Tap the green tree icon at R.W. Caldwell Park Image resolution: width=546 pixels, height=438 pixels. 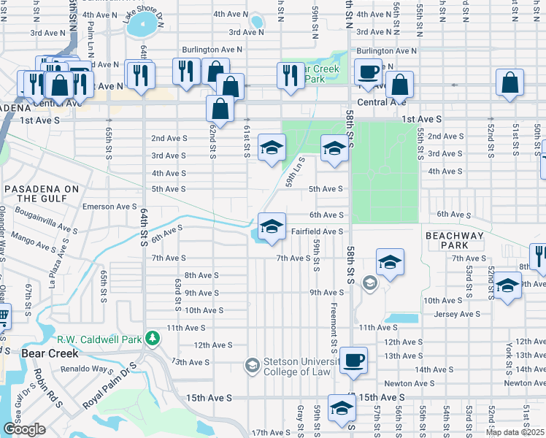coord(153,338)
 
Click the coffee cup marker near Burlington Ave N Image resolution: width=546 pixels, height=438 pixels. coord(368,72)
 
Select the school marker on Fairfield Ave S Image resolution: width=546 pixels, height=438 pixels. coord(271,226)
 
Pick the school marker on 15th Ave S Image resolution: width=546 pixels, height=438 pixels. coord(341,410)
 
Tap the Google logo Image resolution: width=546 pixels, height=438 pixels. coord(24,429)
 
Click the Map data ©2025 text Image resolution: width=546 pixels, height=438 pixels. coord(515,432)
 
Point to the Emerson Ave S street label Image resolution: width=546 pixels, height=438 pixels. coord(109,207)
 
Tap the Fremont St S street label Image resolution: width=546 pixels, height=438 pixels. coord(334,326)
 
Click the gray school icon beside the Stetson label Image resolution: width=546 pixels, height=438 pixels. coord(253,364)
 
